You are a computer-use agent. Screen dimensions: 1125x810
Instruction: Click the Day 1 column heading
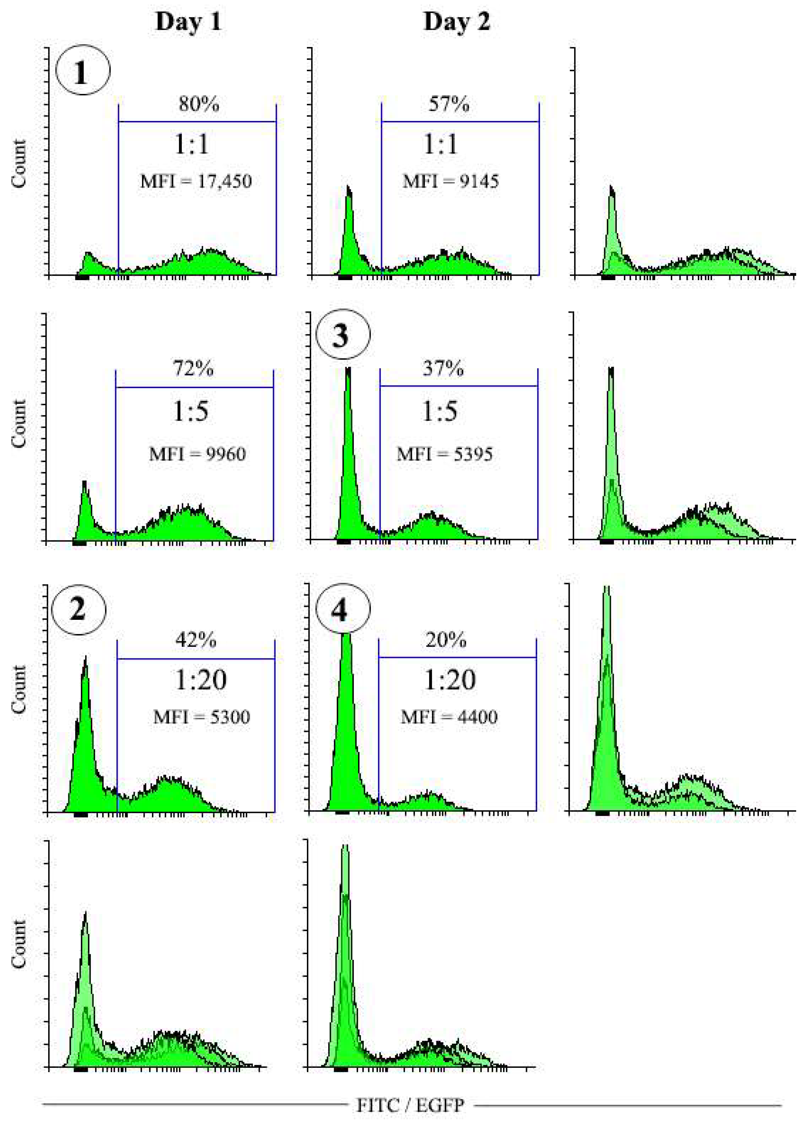coord(188,22)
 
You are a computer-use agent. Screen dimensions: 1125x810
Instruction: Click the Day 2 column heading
coord(456,22)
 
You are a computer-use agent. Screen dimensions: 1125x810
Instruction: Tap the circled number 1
coord(82,70)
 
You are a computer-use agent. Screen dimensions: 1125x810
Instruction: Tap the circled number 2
coord(78,609)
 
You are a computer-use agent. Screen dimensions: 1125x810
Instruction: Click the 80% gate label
coord(198,104)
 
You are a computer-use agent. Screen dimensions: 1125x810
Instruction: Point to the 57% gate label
coord(448,104)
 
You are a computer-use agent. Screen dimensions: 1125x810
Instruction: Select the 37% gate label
coord(443,369)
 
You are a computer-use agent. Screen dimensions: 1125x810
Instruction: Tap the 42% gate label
coord(196,640)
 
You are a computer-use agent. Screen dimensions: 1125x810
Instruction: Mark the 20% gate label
coord(445,640)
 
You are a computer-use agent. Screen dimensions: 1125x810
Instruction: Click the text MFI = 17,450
coord(196,181)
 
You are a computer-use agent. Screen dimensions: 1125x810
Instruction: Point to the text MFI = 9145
coord(450,181)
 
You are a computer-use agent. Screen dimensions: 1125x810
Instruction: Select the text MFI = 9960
coord(197,453)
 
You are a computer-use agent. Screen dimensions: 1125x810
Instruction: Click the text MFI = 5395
coord(444,453)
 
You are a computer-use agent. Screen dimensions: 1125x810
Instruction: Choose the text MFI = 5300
coord(201,716)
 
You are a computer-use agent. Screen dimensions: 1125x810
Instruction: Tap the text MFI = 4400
coord(449,716)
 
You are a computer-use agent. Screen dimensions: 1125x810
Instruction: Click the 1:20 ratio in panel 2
coord(201,680)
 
